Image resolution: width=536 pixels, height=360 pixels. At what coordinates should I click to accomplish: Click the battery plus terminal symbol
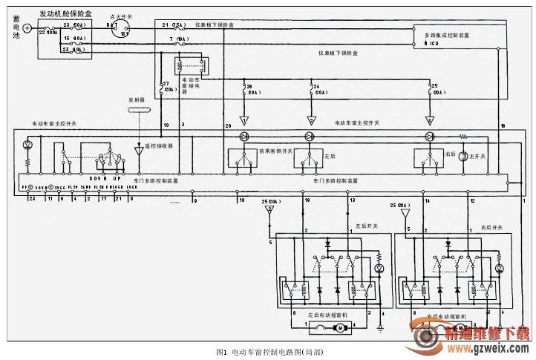point(27,28)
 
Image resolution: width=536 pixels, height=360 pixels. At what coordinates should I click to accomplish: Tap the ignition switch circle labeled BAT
point(121,28)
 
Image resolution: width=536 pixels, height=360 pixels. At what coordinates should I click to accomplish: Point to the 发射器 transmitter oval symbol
point(139,109)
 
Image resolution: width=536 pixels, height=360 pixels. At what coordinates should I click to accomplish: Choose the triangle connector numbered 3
point(429,120)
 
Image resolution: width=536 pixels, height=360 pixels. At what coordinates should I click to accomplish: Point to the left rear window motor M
point(341,327)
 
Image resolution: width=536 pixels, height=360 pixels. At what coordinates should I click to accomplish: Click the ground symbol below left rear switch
point(380,327)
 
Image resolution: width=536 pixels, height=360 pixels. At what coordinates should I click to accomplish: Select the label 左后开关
point(366,226)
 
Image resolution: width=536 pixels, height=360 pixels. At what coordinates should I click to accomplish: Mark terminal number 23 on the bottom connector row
point(31,199)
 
